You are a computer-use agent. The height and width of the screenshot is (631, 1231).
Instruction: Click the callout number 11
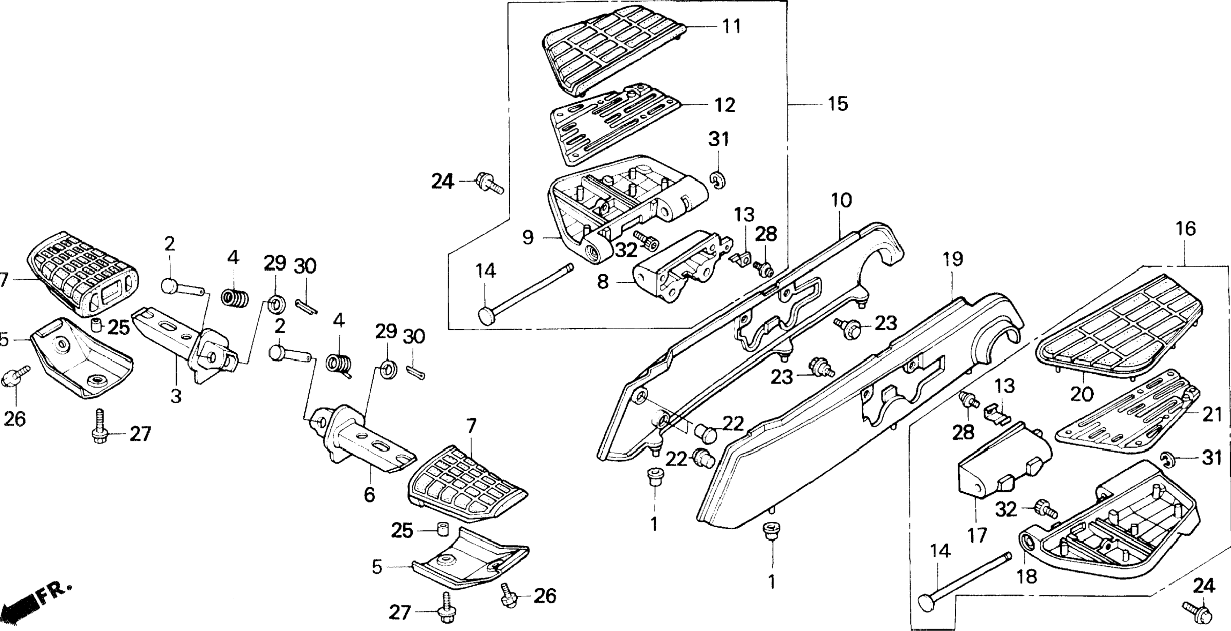point(731,26)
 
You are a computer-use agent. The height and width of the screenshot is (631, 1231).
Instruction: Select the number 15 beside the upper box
point(838,104)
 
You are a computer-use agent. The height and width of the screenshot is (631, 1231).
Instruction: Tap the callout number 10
point(841,200)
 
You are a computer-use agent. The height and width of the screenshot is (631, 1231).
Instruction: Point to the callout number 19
point(953,259)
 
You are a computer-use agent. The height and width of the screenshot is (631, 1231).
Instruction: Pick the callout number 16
point(1186,229)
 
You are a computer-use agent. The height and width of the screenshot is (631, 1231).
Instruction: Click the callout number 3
point(176,396)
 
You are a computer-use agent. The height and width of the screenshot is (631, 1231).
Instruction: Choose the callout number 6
point(369,495)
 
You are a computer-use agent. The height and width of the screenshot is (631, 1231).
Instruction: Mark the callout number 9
point(528,237)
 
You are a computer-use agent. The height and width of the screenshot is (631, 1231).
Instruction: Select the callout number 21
point(1212,415)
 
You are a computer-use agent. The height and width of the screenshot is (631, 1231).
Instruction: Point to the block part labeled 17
point(999,466)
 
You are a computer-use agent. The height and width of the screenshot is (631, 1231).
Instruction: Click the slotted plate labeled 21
point(1128,421)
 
